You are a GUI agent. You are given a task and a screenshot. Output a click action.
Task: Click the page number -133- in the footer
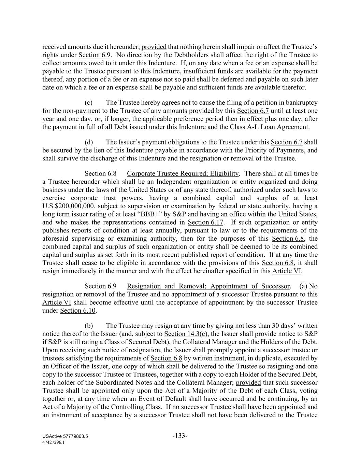180,436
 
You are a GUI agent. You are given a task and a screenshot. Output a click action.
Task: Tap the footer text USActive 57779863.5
66,437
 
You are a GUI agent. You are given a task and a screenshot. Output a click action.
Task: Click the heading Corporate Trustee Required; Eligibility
183,174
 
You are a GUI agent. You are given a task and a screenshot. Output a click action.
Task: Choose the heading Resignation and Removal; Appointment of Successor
208,286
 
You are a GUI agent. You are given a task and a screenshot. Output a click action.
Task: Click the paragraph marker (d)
89,142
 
